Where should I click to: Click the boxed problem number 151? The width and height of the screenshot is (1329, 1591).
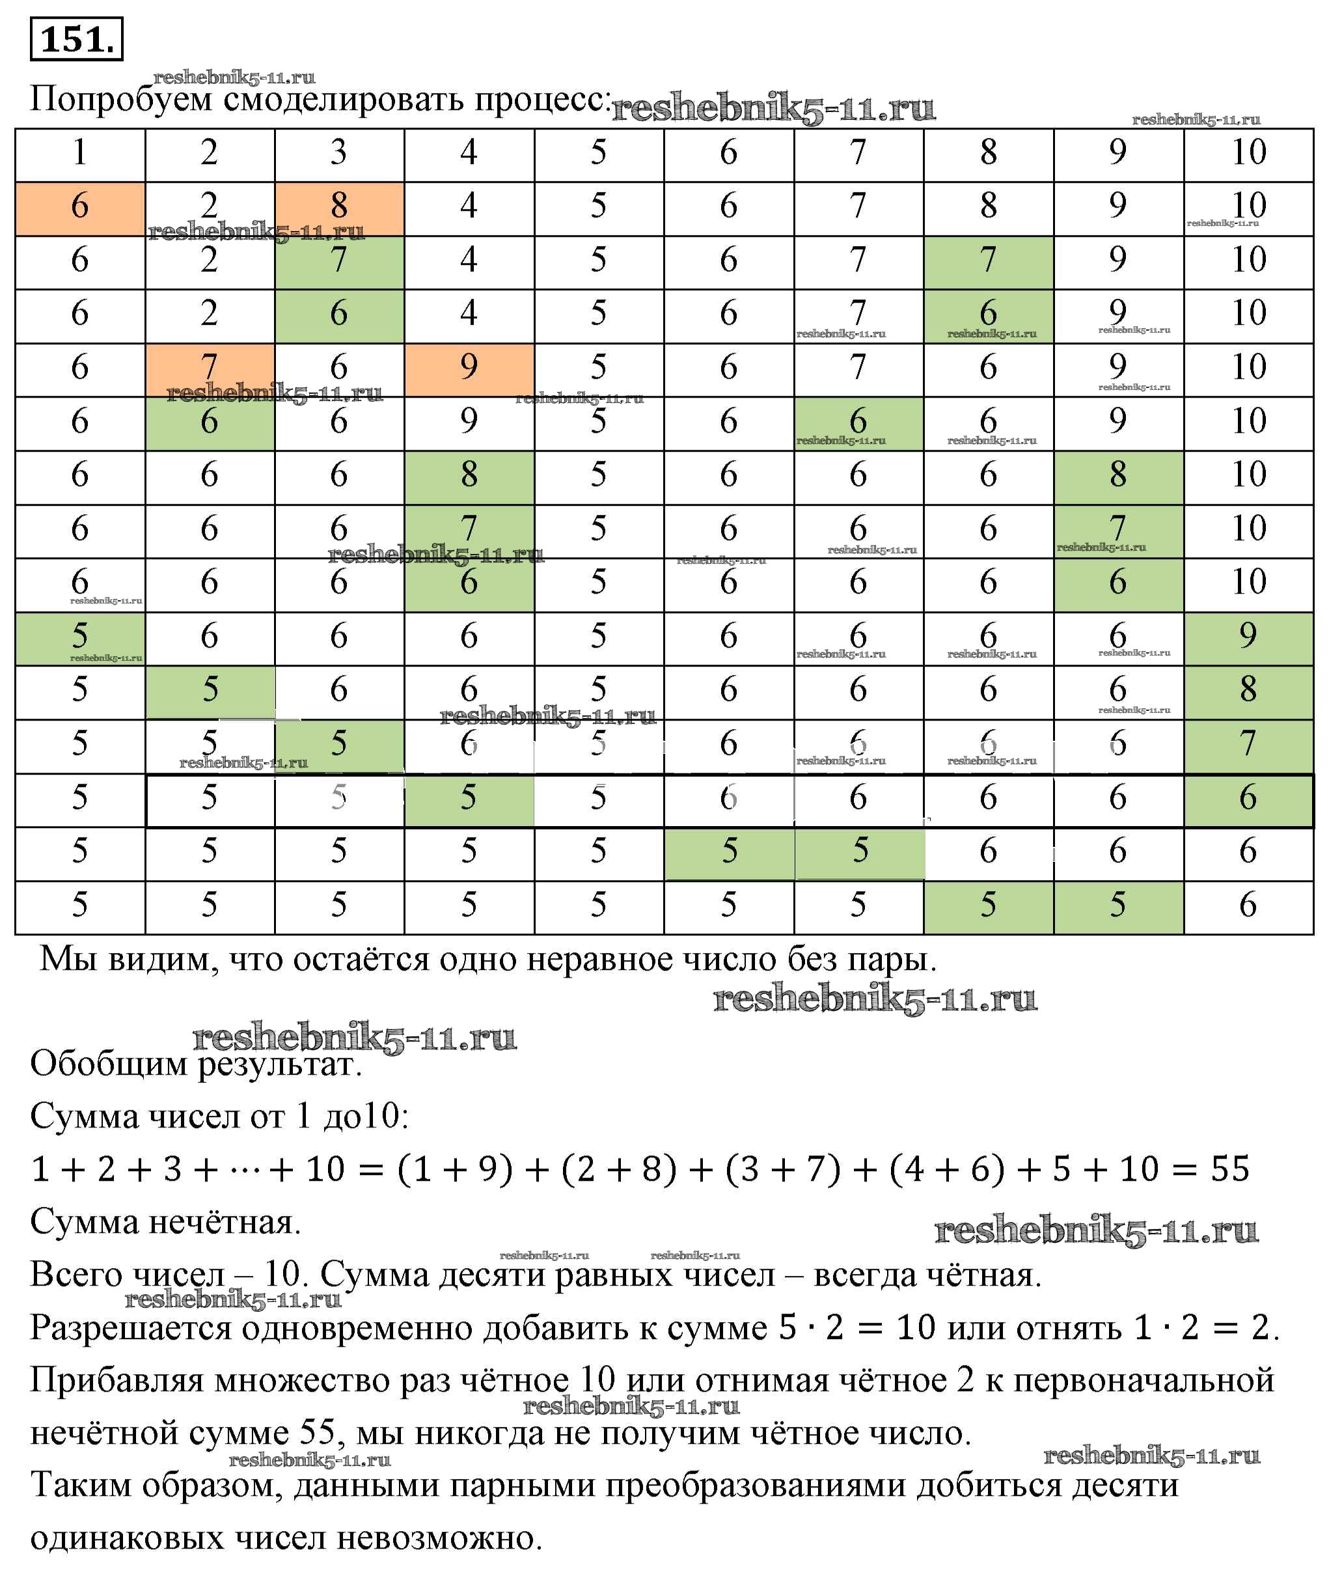coord(77,40)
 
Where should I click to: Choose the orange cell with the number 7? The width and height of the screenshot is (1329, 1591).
coord(209,366)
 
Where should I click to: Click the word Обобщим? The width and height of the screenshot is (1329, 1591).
coord(109,1064)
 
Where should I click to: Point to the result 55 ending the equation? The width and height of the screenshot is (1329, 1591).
coord(1230,1169)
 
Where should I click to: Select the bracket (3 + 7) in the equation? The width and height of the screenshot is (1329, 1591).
coord(783,1169)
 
